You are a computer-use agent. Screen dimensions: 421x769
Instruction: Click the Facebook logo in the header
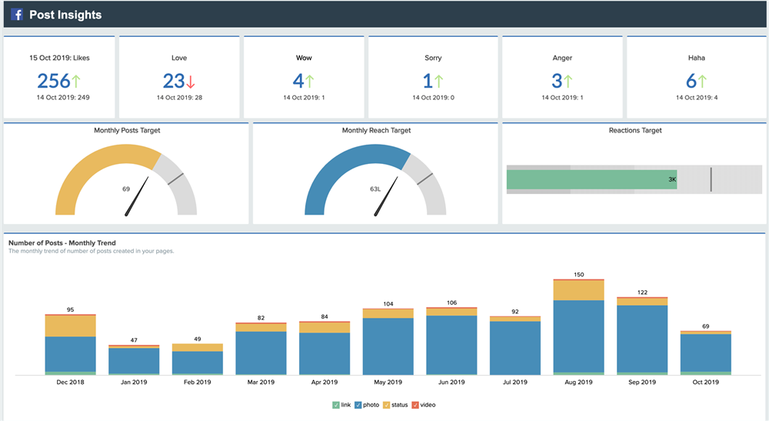(x=16, y=15)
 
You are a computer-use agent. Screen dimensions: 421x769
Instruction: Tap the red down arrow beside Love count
(x=191, y=82)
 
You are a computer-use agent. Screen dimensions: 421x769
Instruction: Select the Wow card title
(x=305, y=58)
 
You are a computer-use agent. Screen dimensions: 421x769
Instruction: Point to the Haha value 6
(x=691, y=81)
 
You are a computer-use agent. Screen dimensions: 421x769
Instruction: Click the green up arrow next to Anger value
(x=568, y=81)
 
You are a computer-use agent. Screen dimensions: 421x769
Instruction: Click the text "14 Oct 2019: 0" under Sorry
(x=433, y=98)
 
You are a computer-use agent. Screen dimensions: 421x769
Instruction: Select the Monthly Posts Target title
(x=127, y=131)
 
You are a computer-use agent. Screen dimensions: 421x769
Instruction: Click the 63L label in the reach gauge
(x=375, y=189)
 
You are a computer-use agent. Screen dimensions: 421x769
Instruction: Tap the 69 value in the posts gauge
(x=126, y=189)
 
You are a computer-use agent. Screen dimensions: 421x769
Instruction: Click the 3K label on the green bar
(x=671, y=179)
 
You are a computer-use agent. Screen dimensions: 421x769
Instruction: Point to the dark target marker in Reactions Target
(x=711, y=179)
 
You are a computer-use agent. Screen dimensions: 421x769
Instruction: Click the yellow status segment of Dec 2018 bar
(x=70, y=326)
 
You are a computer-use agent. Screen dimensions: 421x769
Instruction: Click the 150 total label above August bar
(x=578, y=275)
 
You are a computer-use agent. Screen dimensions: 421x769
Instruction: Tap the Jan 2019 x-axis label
(x=134, y=383)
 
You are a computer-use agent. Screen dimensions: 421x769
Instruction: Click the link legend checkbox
(x=336, y=405)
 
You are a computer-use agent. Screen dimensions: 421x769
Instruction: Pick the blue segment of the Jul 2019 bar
(x=514, y=347)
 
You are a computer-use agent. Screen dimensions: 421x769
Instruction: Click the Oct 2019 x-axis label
(x=705, y=383)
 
